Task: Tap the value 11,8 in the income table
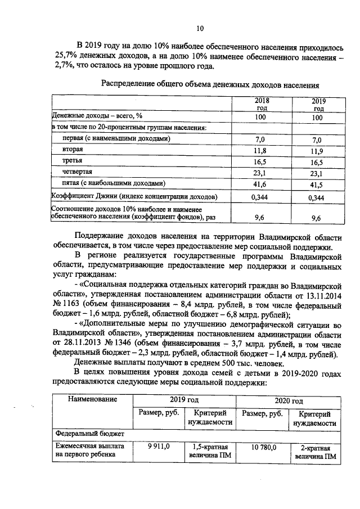pos(259,151)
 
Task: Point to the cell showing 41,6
pos(259,184)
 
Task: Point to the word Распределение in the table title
pos(129,85)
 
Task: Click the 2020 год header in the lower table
pos(289,401)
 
